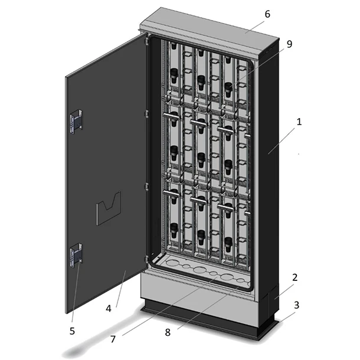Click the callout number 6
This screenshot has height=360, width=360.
pyautogui.click(x=267, y=14)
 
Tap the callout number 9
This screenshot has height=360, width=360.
pyautogui.click(x=290, y=44)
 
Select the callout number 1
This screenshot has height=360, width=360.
pyautogui.click(x=299, y=122)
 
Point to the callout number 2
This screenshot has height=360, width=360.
pyautogui.click(x=295, y=277)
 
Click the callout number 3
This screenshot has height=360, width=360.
pyautogui.click(x=297, y=305)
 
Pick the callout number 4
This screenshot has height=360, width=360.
pyautogui.click(x=109, y=309)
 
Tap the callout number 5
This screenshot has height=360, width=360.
pyautogui.click(x=72, y=331)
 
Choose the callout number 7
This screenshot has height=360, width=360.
pyautogui.click(x=113, y=339)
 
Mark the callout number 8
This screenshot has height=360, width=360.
pyautogui.click(x=168, y=332)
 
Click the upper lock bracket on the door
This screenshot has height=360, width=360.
pyautogui.click(x=76, y=121)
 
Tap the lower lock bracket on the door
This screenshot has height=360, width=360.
pyautogui.click(x=76, y=256)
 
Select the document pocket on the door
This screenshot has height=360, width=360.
pyautogui.click(x=109, y=208)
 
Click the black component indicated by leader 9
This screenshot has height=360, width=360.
pyautogui.click(x=228, y=90)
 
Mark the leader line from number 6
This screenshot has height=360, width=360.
pyautogui.click(x=255, y=25)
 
